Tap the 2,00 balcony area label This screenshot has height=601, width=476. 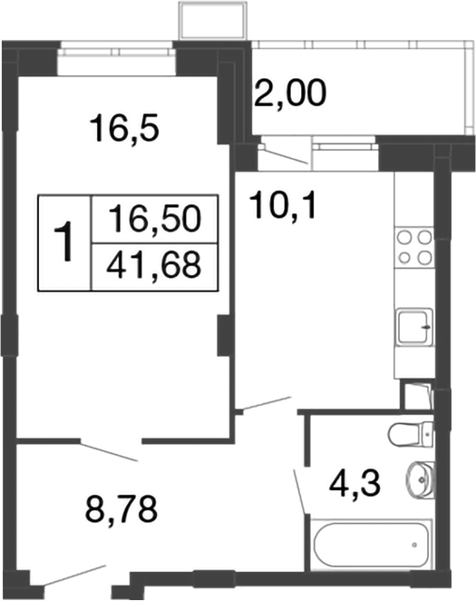(290, 93)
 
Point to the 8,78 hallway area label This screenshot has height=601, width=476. (121, 508)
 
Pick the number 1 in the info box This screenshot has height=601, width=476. (64, 243)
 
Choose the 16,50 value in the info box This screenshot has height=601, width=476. (153, 219)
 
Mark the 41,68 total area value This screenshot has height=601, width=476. (153, 266)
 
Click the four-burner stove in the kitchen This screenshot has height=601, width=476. (415, 246)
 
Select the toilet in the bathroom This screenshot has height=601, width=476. (413, 433)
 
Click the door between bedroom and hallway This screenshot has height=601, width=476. (110, 450)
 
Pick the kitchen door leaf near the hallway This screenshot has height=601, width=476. (264, 403)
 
